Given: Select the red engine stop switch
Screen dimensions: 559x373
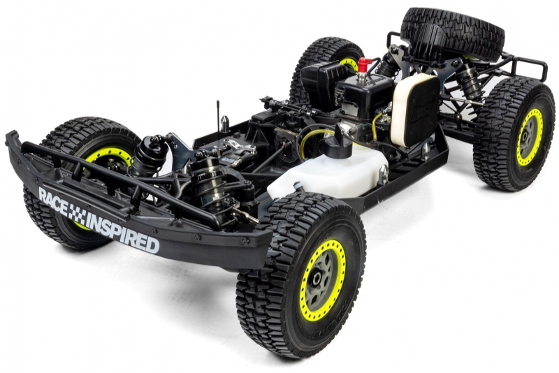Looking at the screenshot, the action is [363, 64].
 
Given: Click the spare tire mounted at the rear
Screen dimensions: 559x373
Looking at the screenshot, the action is [453, 33].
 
